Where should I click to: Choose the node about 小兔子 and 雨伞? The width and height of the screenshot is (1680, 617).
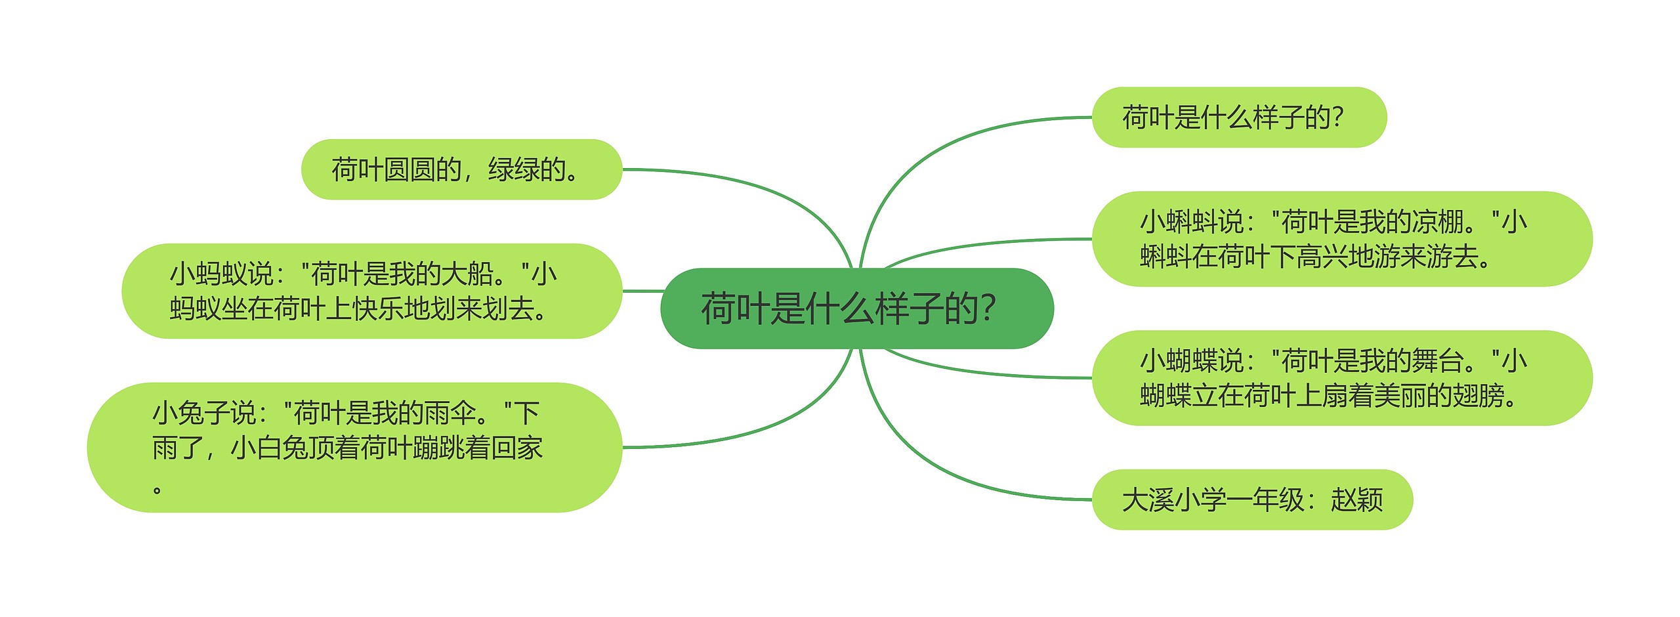click(x=354, y=447)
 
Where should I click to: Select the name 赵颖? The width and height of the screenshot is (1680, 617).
click(x=1356, y=500)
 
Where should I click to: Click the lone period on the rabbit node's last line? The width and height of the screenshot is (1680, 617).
click(x=157, y=489)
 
